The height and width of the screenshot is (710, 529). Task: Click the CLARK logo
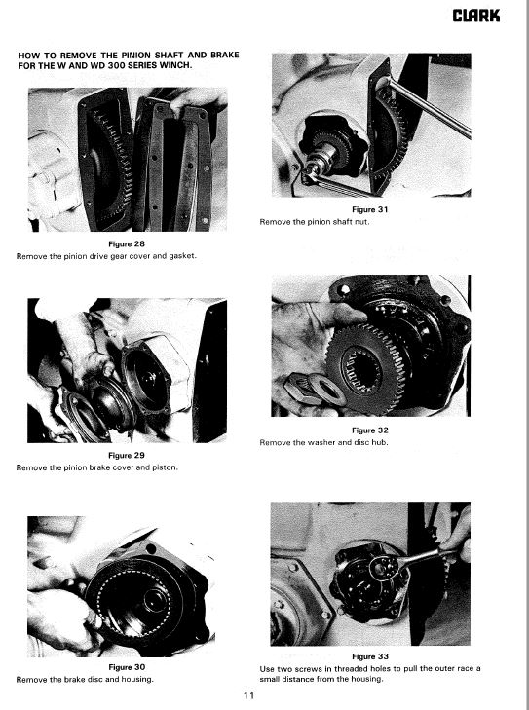pyautogui.click(x=476, y=16)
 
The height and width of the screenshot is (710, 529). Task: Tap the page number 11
pyautogui.click(x=249, y=695)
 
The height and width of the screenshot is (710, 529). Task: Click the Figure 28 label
pyautogui.click(x=127, y=244)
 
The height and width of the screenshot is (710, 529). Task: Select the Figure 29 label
pyautogui.click(x=127, y=456)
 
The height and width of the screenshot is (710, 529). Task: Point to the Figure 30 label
pyautogui.click(x=127, y=667)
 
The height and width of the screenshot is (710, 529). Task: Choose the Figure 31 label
pyautogui.click(x=370, y=209)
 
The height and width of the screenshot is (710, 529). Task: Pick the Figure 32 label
pyautogui.click(x=370, y=430)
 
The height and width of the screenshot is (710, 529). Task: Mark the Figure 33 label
pyautogui.click(x=370, y=656)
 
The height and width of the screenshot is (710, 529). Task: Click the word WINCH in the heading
pyautogui.click(x=175, y=65)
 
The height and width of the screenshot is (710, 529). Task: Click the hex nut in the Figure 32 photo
pyautogui.click(x=299, y=389)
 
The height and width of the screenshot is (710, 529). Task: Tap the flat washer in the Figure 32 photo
pyautogui.click(x=326, y=390)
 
